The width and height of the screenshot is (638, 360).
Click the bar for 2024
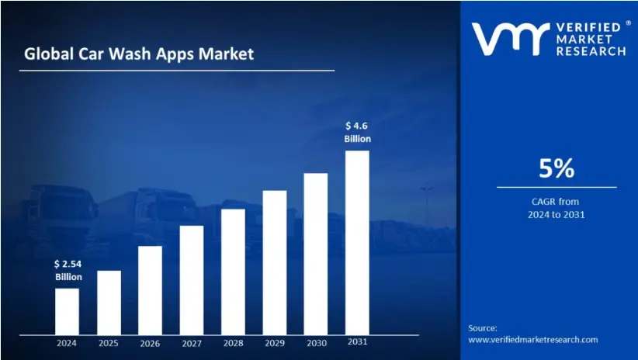[67, 310]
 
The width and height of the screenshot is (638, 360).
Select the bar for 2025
[109, 302]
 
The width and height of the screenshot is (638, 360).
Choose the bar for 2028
[233, 271]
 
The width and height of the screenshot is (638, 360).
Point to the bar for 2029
[275, 261]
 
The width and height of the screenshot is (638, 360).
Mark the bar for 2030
[316, 253]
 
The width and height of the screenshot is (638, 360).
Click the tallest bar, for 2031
[357, 241]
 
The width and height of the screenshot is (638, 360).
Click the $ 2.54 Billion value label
[68, 271]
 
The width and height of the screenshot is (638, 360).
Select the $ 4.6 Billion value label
[358, 132]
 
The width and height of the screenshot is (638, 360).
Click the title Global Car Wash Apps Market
[138, 54]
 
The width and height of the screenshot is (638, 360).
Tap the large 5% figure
[557, 168]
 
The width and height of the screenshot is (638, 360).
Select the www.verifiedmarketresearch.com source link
[533, 340]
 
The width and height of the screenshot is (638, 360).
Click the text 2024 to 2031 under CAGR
[557, 214]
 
